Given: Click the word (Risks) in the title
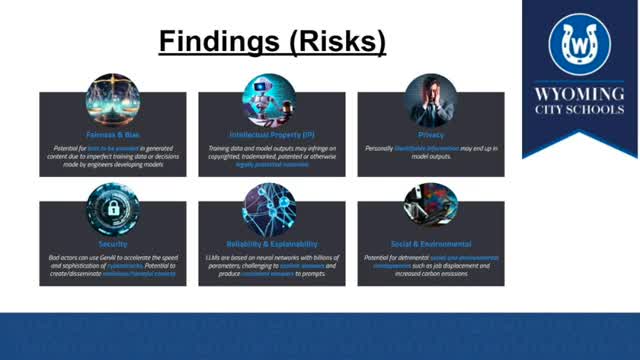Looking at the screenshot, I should (336, 43).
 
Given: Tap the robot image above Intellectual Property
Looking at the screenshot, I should (270, 99).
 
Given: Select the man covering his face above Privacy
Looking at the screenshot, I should (431, 99).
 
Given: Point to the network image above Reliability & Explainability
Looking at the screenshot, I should (270, 208).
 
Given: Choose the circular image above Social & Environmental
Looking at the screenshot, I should (431, 206).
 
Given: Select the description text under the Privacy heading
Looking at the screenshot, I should (431, 153).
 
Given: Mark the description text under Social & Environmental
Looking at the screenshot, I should (431, 265).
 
